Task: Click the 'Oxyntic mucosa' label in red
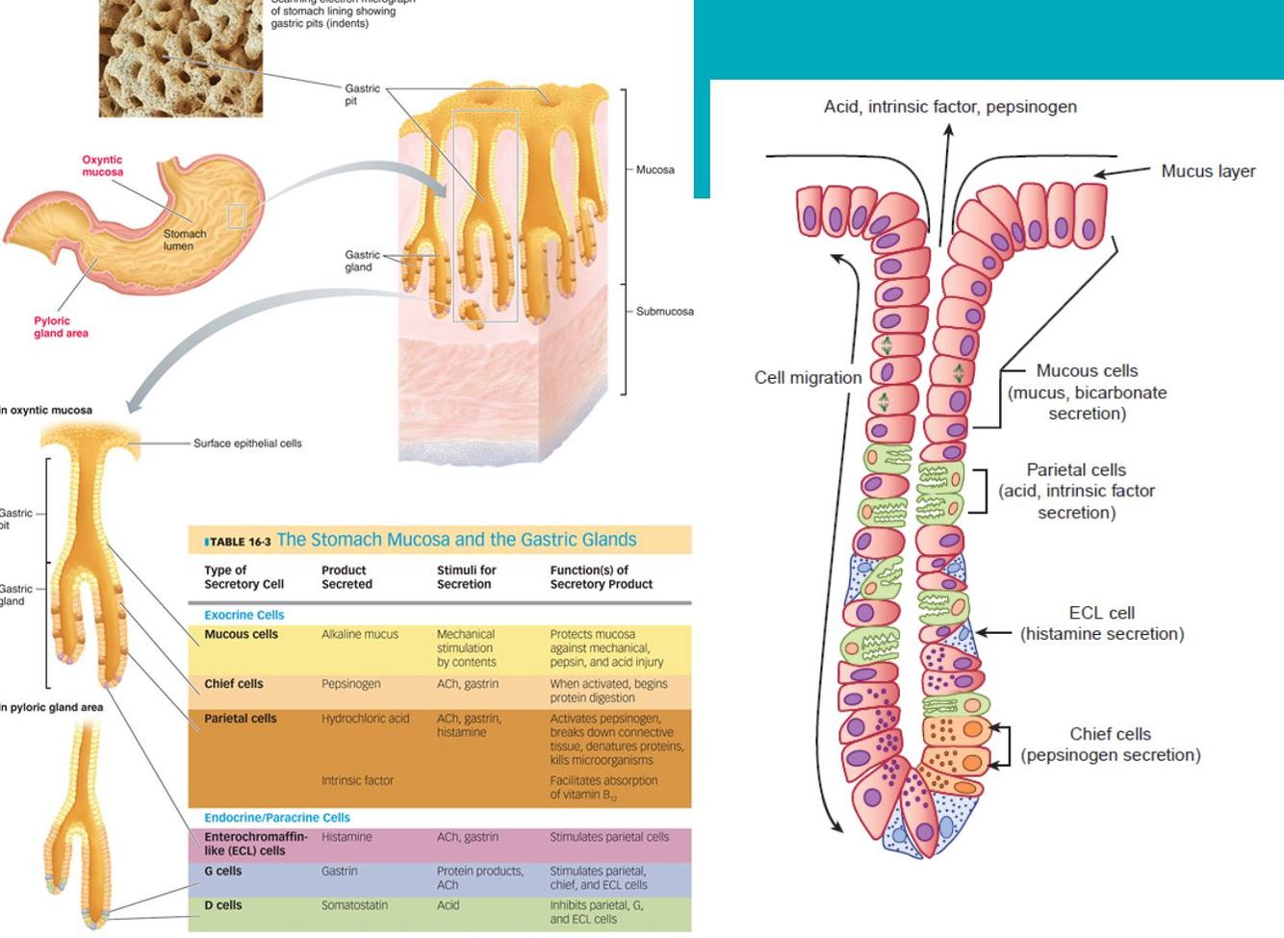102,165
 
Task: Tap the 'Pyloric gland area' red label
61,327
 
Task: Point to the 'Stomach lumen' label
184,240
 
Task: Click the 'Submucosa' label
664,312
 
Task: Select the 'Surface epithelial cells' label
247,444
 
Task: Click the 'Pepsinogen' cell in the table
350,684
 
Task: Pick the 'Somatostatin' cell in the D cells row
354,905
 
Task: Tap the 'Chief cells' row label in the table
233,684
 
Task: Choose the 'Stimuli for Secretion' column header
466,577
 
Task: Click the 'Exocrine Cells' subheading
244,615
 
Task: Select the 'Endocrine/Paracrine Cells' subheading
276,818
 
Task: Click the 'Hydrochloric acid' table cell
365,719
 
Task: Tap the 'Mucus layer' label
1207,171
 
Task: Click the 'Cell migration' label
808,378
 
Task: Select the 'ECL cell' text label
1101,613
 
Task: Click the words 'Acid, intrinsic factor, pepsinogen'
950,107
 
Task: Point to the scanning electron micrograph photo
180,58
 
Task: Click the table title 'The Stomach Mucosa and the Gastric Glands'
456,540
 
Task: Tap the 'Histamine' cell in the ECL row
347,837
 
